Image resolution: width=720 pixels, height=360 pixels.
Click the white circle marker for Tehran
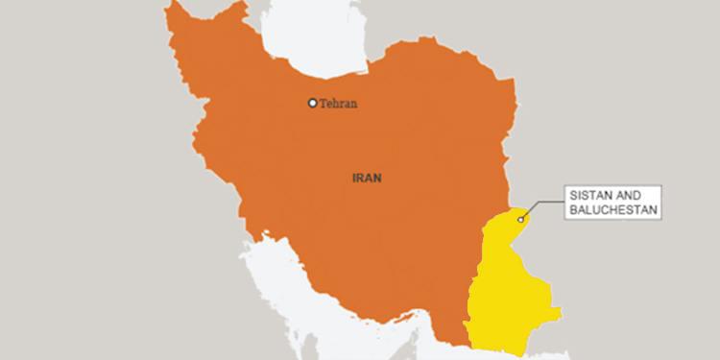[x=312, y=103]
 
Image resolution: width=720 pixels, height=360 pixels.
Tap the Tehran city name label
[x=339, y=104]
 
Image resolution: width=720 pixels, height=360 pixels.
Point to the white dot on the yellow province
[x=521, y=220]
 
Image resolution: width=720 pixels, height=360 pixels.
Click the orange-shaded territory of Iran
[x=384, y=230]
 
